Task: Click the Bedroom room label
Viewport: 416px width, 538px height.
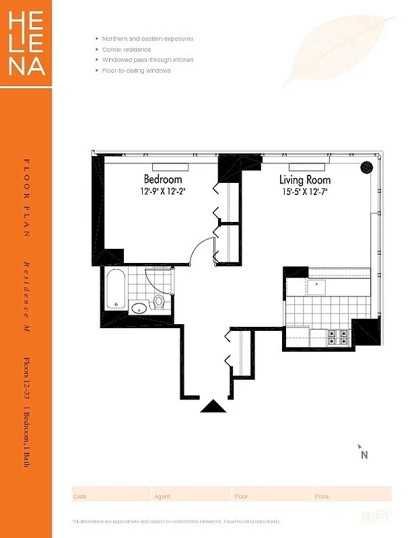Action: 163,180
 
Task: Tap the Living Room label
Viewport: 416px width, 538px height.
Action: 305,180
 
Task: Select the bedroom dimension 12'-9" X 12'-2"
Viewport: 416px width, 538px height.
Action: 163,191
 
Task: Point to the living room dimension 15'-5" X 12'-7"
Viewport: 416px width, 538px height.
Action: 305,191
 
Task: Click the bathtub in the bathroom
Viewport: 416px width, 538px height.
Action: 116,290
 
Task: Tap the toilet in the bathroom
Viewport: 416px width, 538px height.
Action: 159,301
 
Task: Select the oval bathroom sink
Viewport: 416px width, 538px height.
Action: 138,309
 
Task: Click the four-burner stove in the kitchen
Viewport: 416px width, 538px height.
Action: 337,336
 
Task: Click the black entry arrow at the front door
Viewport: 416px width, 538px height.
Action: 213,406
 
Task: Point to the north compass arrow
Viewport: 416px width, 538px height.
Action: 360,446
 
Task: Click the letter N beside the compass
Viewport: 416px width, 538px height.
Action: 364,455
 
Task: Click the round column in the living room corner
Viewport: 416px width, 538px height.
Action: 366,167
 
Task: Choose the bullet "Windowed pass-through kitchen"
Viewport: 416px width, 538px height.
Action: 147,60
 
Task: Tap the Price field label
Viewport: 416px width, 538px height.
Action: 321,497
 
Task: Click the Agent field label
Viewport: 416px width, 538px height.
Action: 162,497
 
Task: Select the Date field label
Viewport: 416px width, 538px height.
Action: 79,497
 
